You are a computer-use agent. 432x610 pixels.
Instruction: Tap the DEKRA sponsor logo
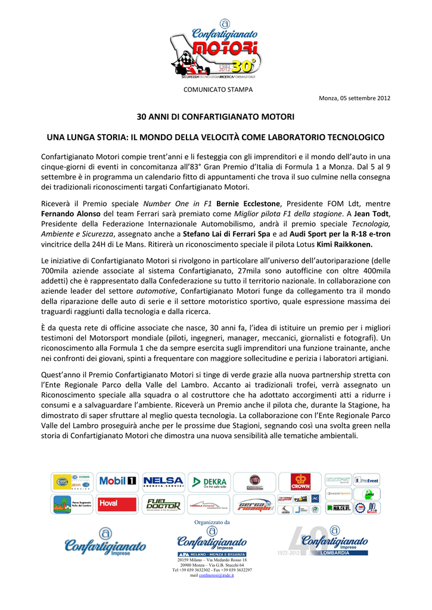point(208,481)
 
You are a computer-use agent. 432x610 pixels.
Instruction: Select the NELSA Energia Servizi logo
point(163,481)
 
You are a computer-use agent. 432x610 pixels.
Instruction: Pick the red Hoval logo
point(117,504)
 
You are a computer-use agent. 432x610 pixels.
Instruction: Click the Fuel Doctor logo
point(163,504)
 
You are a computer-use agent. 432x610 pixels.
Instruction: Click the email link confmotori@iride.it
point(216,575)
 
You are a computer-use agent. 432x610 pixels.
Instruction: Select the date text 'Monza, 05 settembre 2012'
point(355,98)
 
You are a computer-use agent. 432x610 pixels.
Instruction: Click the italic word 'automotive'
point(156,291)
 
